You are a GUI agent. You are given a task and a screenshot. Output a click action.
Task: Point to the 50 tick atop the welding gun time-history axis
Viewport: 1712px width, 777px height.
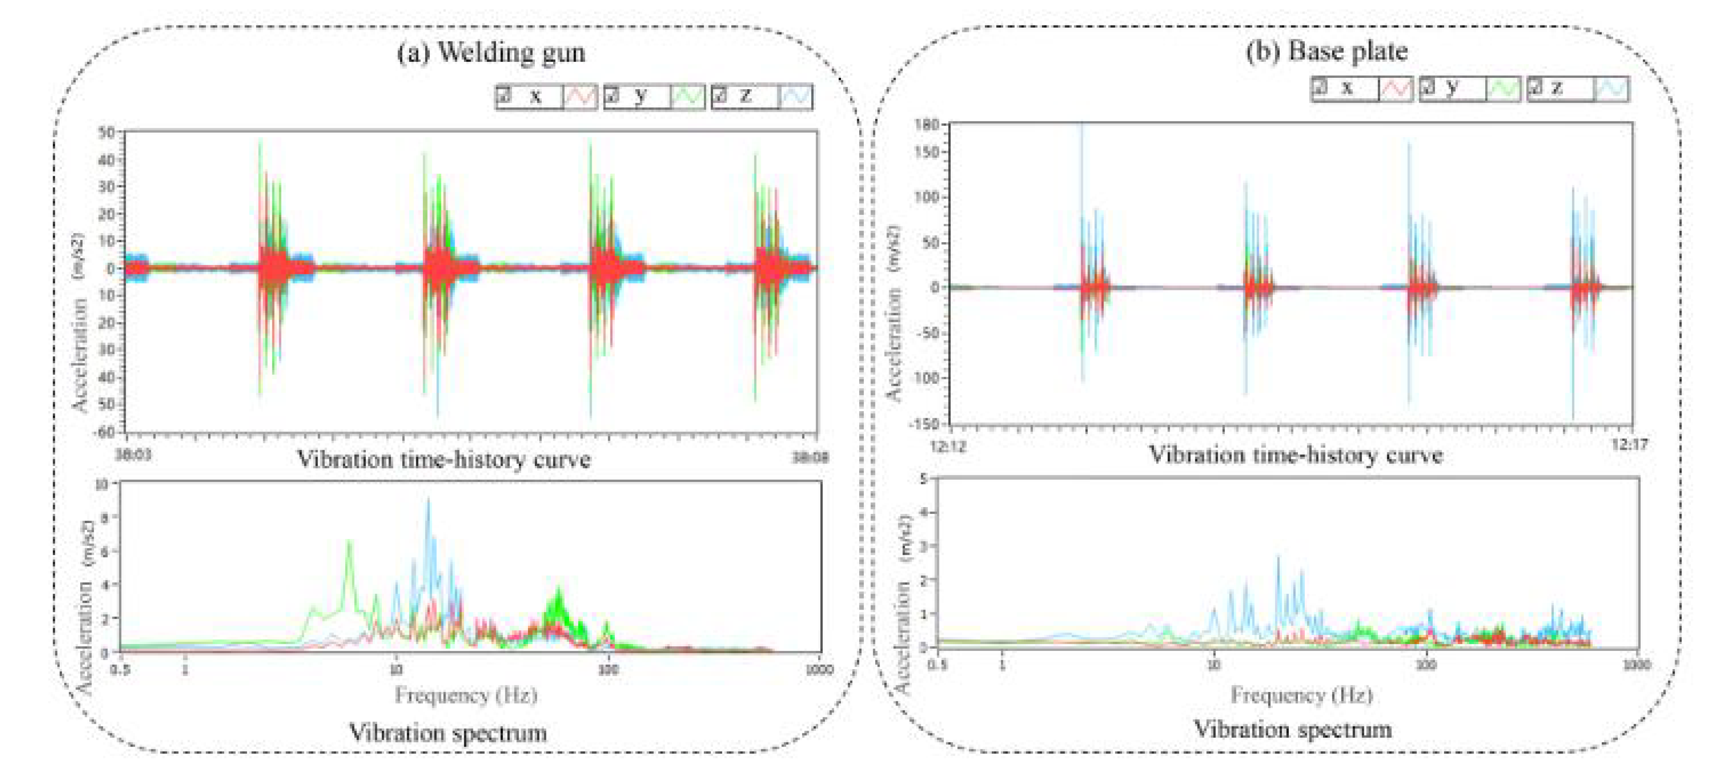[106, 132]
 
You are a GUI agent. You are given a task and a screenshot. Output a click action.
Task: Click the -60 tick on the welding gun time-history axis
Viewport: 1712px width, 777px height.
[105, 432]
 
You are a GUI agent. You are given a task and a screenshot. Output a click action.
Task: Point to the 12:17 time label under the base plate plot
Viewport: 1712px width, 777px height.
[1629, 444]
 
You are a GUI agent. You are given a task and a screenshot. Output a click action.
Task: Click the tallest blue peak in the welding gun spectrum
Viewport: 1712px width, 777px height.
[428, 499]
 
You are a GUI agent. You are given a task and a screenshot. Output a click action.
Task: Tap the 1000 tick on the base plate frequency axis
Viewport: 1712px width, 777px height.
[1635, 665]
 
